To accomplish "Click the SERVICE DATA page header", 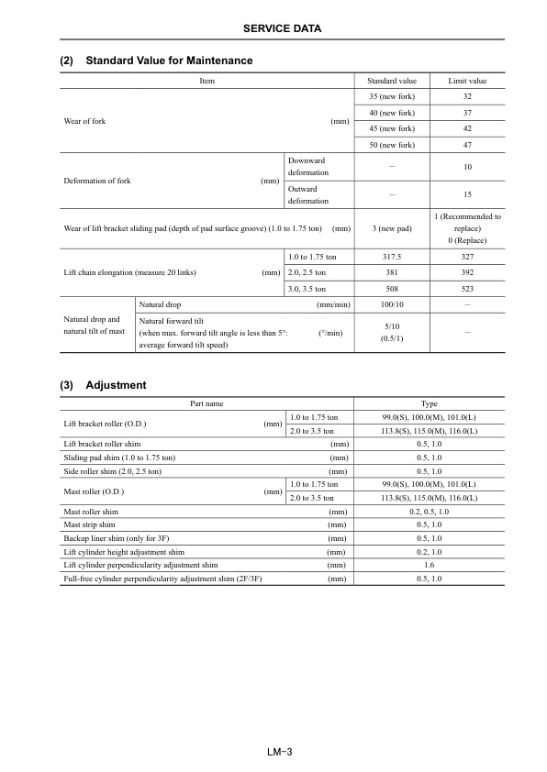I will (282, 29).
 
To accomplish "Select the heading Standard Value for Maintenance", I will (168, 61).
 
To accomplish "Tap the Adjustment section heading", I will (116, 385).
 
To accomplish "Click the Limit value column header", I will (467, 81).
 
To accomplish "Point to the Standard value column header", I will (392, 81).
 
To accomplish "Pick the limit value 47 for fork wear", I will (467, 145).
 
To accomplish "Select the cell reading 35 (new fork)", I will (392, 96).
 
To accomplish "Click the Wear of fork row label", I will (84, 121).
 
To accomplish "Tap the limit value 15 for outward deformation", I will (467, 194).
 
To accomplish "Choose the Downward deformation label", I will (307, 166).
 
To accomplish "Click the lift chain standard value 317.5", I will (392, 258).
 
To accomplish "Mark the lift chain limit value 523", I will (467, 288).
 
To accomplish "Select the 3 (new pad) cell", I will (392, 227).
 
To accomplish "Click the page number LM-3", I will (273, 752).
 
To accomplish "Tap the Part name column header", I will (207, 403).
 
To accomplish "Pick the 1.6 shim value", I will (429, 566).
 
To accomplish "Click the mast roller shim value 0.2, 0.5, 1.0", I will (429, 511).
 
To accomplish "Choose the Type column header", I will (429, 403).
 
